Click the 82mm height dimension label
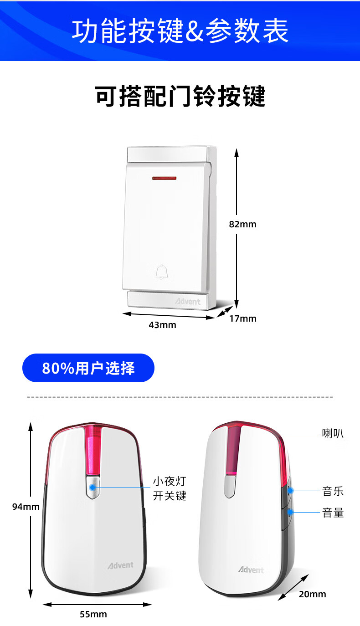tap(242, 224)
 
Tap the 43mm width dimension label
tap(162, 325)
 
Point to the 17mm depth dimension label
tap(242, 318)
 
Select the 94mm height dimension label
tap(26, 506)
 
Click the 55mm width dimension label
tap(93, 614)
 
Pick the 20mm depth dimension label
tap(312, 594)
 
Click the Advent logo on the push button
tap(188, 301)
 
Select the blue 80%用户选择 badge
tap(88, 368)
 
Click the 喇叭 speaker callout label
tap(333, 434)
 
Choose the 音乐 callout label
tap(333, 491)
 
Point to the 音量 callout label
tap(333, 513)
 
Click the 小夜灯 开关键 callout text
tap(170, 488)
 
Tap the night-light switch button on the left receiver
tap(93, 487)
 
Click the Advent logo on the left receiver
tap(120, 565)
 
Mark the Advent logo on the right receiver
tap(251, 570)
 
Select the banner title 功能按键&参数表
tap(180, 31)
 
